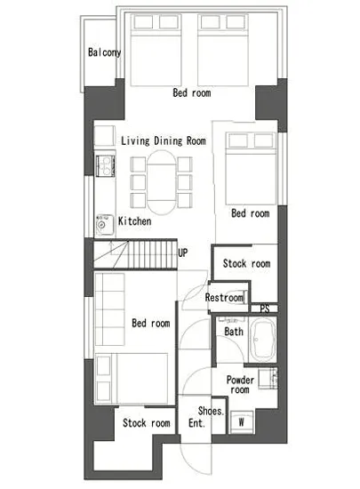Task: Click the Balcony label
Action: point(104,52)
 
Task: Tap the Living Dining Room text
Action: point(164,141)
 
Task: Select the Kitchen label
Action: point(134,221)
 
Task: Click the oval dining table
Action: point(161,182)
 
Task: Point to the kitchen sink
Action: point(104,225)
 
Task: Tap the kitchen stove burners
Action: point(105,165)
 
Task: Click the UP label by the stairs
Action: point(183,253)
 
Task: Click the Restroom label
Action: point(224,298)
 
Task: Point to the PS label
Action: point(265,309)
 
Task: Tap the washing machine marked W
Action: point(242,422)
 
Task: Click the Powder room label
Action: point(240,384)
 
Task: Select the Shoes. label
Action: point(211,411)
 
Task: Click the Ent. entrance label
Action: point(197,423)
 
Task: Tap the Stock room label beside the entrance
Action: point(147,423)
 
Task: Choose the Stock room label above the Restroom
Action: point(246,264)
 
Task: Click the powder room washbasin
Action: point(268,378)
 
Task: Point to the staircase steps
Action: point(136,254)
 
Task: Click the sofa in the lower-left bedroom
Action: point(109,309)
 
